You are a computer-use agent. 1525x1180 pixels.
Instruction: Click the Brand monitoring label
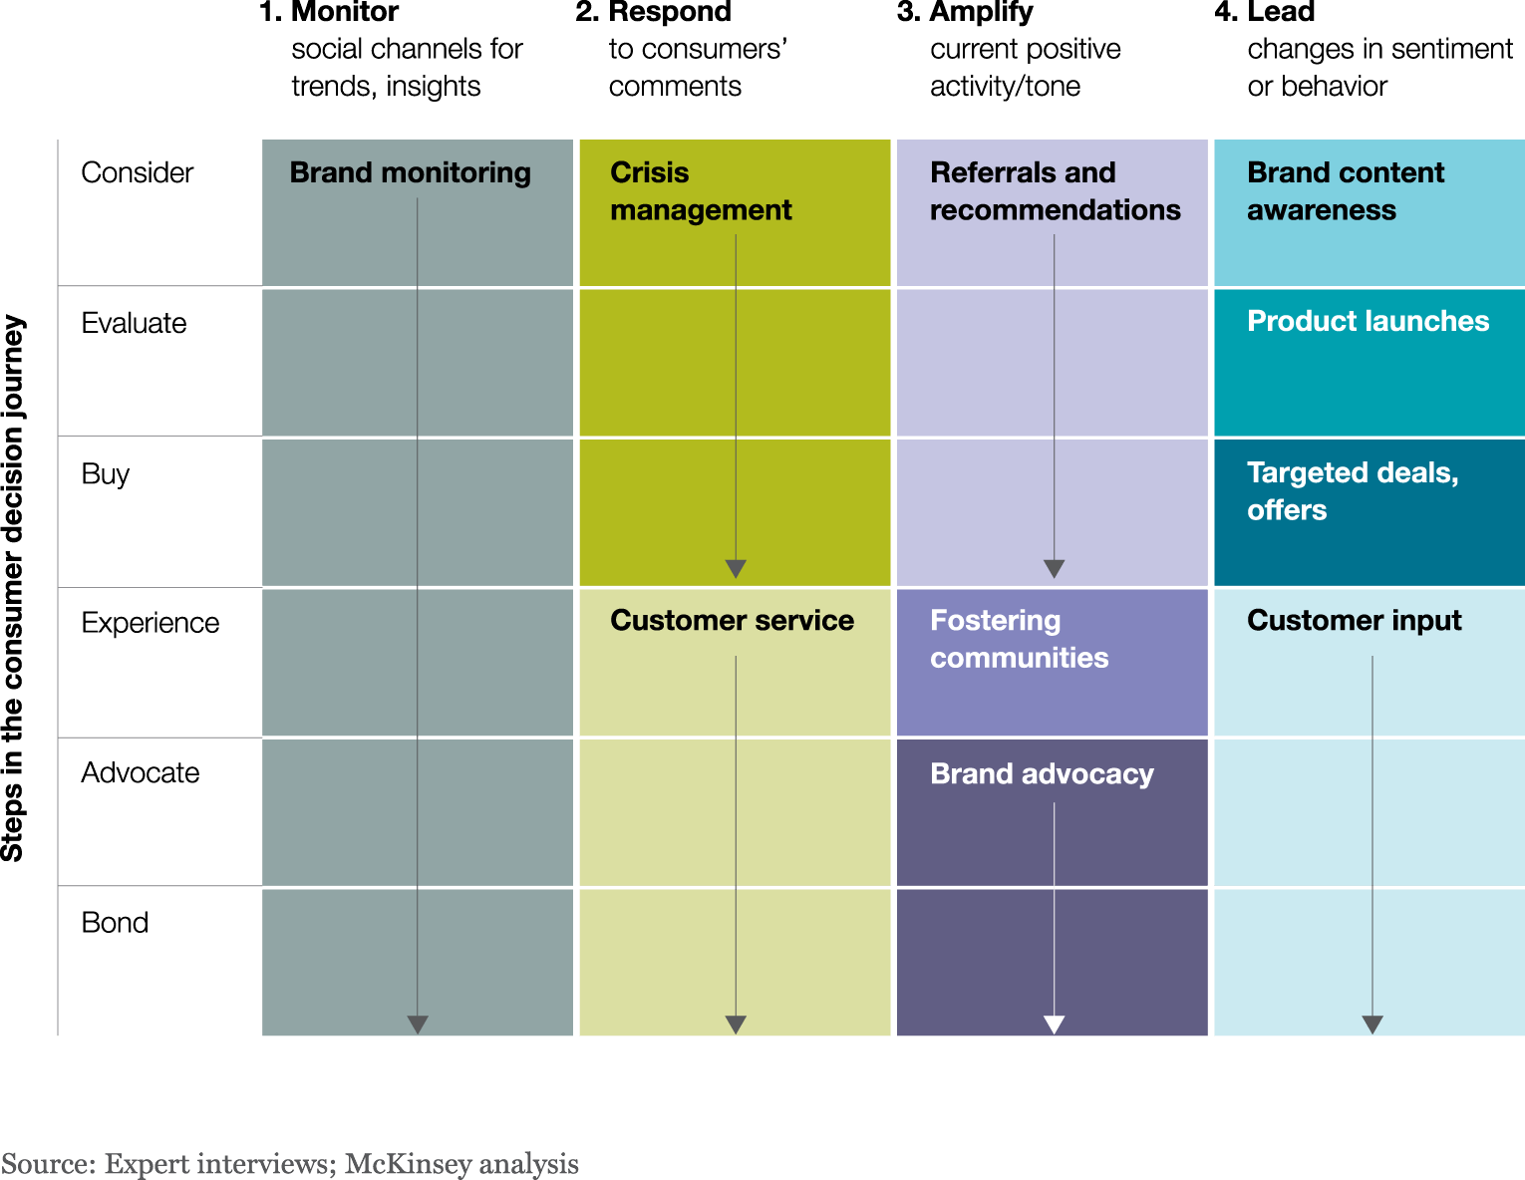click(x=410, y=172)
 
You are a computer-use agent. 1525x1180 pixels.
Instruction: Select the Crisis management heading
click(x=700, y=191)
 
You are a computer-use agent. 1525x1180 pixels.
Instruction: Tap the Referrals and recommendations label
click(x=1055, y=191)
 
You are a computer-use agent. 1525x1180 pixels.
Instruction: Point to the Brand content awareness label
click(x=1345, y=191)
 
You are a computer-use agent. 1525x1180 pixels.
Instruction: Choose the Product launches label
click(x=1368, y=321)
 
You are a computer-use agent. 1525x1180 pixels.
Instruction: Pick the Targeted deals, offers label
click(x=1352, y=491)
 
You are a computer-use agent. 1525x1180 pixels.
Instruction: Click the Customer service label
click(x=732, y=620)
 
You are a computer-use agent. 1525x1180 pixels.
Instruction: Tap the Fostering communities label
click(x=1019, y=639)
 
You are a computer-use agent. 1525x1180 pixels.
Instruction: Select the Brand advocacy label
click(x=1042, y=773)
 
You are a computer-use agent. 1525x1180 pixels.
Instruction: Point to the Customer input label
click(x=1354, y=620)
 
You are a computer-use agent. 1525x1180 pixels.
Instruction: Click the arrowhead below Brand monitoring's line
click(x=418, y=1025)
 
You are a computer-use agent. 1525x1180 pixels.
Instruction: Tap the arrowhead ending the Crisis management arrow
click(x=736, y=569)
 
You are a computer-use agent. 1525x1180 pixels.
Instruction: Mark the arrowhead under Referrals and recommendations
click(x=1054, y=569)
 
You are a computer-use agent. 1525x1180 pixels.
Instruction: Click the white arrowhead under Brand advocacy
click(x=1054, y=1025)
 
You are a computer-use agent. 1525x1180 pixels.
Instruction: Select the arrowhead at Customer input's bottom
click(x=1372, y=1025)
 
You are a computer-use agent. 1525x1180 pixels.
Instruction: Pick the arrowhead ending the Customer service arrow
click(x=736, y=1025)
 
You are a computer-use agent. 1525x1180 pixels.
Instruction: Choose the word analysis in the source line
click(x=529, y=1164)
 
